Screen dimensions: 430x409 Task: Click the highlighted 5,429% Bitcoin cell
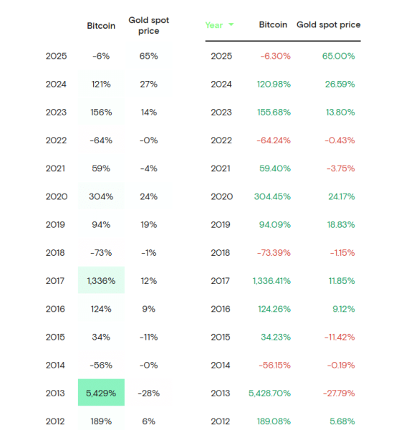(101, 393)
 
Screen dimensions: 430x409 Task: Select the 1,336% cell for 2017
(101, 280)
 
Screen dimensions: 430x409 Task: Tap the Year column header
(213, 25)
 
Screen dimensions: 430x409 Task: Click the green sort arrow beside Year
(231, 25)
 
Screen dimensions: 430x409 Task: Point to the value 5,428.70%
(270, 393)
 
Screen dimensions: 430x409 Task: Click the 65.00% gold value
(338, 55)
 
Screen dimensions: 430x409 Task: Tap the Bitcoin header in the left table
(101, 25)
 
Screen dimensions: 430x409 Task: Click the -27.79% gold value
(337, 393)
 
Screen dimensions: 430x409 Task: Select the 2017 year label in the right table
(221, 280)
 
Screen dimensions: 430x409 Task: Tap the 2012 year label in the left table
(56, 421)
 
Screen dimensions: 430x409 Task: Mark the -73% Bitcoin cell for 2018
(101, 252)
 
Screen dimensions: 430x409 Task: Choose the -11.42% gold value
(338, 337)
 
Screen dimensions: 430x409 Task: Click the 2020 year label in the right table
(221, 196)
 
